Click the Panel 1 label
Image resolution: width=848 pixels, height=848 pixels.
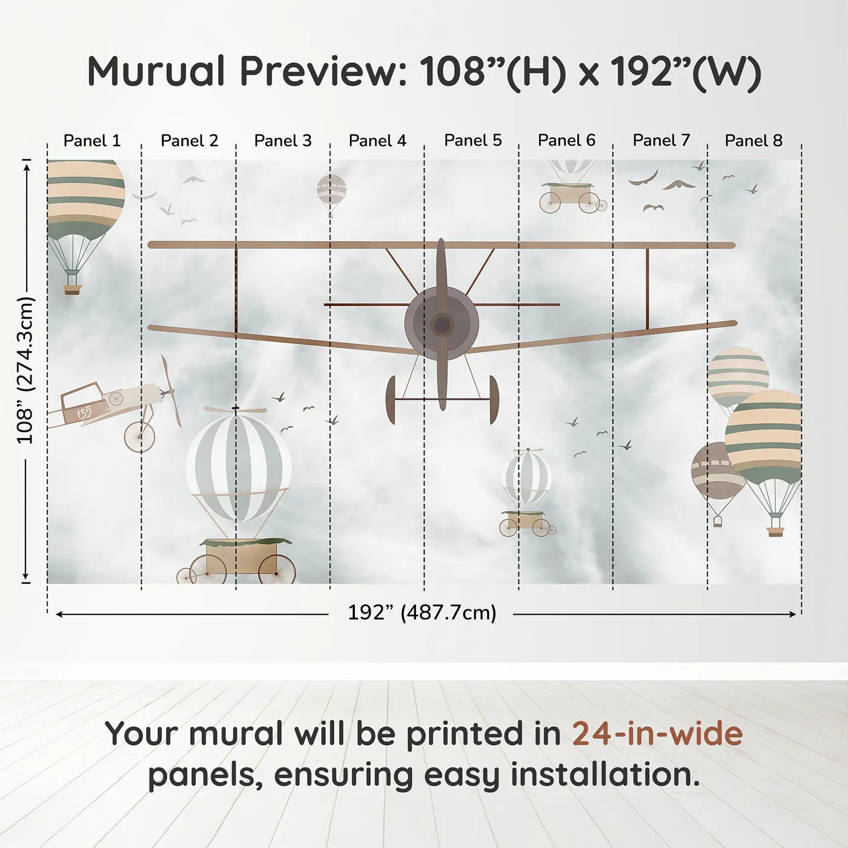click(92, 141)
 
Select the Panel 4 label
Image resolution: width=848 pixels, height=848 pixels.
click(377, 141)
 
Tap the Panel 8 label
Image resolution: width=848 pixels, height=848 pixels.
click(754, 141)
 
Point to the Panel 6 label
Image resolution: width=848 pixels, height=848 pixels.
click(567, 141)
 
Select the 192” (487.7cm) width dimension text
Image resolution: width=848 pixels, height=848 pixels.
click(422, 612)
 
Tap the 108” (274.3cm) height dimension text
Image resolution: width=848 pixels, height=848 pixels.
click(25, 370)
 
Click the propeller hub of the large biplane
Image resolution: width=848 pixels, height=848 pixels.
click(442, 325)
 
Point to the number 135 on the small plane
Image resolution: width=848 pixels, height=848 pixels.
click(84, 412)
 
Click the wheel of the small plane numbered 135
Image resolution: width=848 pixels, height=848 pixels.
click(139, 437)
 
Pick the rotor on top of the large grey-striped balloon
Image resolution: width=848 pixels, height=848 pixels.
click(236, 409)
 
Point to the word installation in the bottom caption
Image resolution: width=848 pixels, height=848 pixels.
click(605, 775)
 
